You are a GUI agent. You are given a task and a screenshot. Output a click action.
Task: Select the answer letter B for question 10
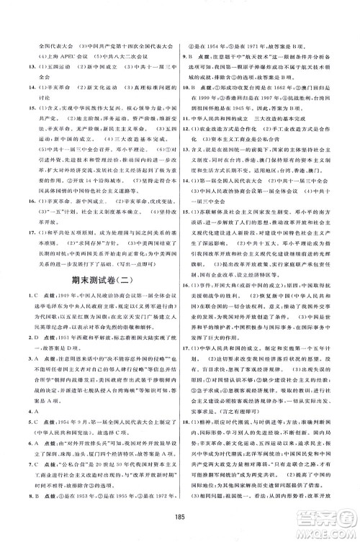(x=197, y=84)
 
